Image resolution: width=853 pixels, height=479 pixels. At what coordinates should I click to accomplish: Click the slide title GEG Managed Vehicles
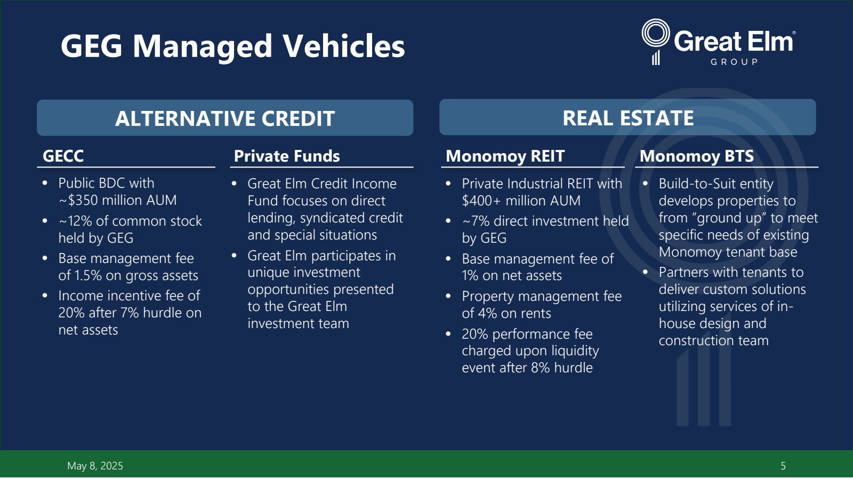(x=232, y=46)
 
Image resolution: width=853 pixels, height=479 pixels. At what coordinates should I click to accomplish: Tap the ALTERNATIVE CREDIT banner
(x=225, y=118)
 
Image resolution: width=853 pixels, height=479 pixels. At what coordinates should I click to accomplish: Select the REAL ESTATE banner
(x=627, y=117)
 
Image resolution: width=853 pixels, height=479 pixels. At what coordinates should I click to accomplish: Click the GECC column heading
(x=63, y=156)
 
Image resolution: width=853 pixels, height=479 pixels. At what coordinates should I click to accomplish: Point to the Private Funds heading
(x=287, y=156)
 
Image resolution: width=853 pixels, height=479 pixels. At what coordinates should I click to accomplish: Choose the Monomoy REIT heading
(x=505, y=156)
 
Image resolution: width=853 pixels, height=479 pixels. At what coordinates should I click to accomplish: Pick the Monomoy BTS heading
(x=696, y=156)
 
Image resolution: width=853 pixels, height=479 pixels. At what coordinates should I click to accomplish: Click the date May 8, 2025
(x=95, y=466)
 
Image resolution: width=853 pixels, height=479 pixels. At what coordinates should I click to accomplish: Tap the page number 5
(x=783, y=466)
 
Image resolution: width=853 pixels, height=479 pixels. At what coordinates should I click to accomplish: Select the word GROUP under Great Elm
(x=734, y=62)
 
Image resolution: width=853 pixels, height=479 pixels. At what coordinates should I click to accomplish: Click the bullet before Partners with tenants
(x=645, y=272)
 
